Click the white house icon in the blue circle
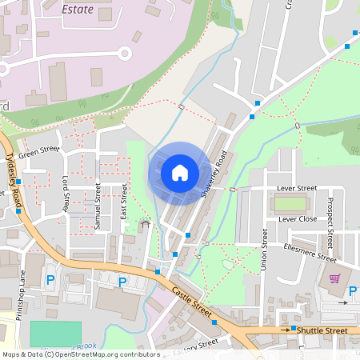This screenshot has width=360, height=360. pos(180,172)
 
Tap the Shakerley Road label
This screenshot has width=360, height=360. pos(219,173)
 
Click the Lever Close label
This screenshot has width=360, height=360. pos(298,218)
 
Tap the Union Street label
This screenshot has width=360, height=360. pos(265,249)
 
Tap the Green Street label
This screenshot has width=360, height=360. pos(39,150)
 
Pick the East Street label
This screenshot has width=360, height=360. pos(124,202)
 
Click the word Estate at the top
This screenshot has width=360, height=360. pos(77,11)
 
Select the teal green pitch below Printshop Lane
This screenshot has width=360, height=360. pos(56,333)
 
